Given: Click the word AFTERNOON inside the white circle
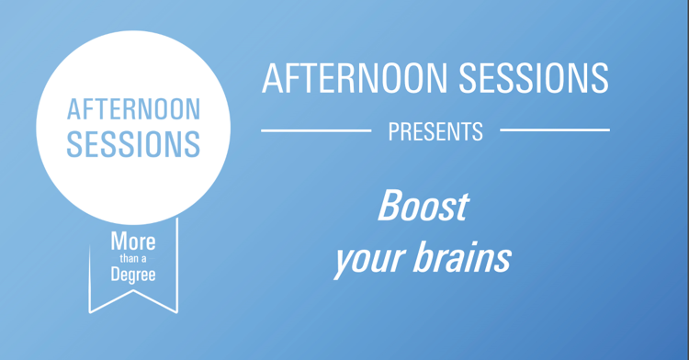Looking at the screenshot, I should click(x=133, y=110).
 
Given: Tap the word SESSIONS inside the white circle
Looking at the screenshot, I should click(x=133, y=143).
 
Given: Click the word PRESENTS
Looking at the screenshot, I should click(x=435, y=131).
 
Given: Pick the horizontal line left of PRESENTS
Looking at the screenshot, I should click(x=316, y=130).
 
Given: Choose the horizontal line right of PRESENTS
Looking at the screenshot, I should click(x=554, y=130).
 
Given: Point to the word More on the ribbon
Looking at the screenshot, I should click(x=133, y=243).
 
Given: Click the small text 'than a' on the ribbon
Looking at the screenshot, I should click(x=133, y=259).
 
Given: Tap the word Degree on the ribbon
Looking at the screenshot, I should click(x=133, y=275).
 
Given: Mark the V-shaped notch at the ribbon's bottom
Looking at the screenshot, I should click(x=133, y=292).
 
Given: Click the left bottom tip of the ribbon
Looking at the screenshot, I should click(x=90, y=311).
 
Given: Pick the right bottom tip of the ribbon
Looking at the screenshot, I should click(x=176, y=311).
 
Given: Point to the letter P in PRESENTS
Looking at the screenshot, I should click(x=393, y=131).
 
